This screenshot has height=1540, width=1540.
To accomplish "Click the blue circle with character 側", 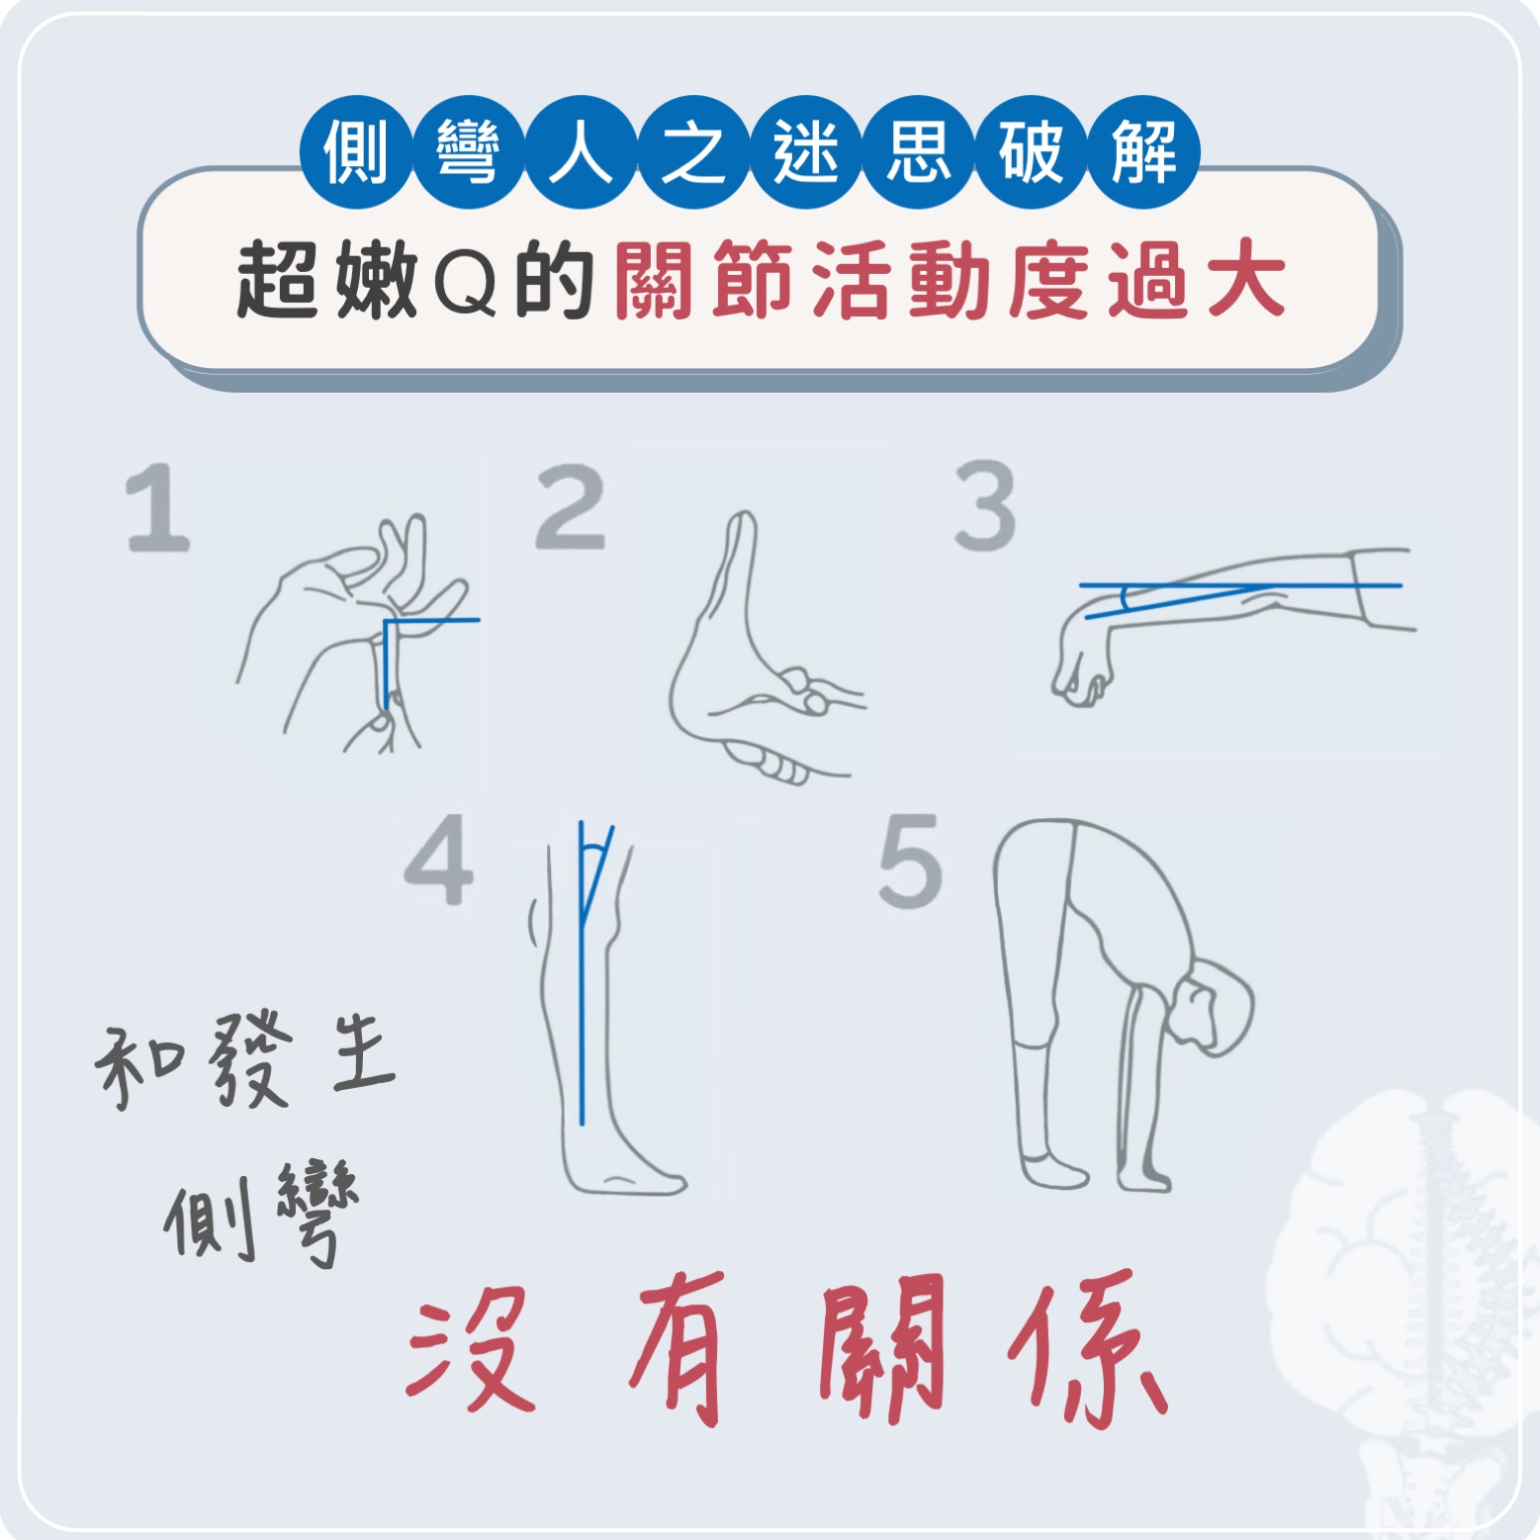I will [x=356, y=152].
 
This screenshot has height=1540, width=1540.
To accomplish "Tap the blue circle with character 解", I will [x=1143, y=152].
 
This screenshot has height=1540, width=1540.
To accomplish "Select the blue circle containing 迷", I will [x=806, y=152].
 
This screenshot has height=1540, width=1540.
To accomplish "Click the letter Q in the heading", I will [x=465, y=283].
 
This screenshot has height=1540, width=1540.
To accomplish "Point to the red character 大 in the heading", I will [x=1245, y=281].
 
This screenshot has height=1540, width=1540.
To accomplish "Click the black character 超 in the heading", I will [x=278, y=281].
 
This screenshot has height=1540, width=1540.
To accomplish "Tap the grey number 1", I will [x=158, y=508].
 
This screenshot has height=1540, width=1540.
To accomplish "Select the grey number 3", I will [x=985, y=505].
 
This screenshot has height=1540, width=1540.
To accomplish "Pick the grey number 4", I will [x=439, y=860].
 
